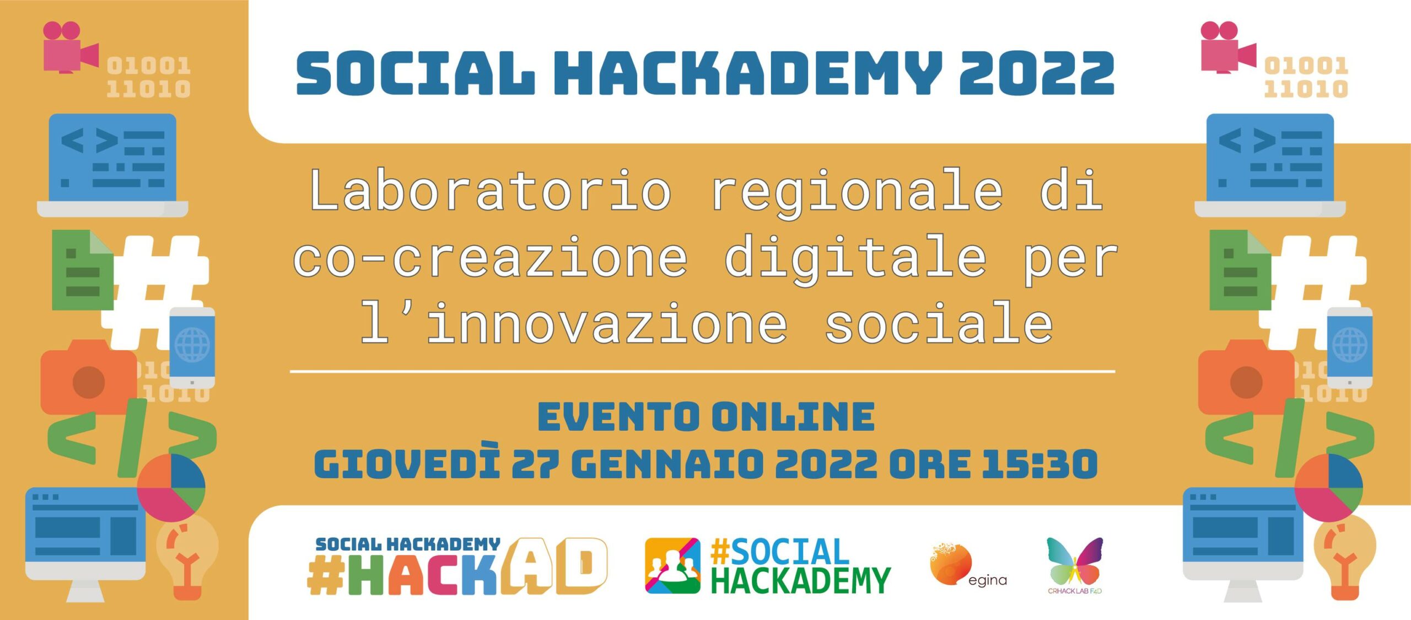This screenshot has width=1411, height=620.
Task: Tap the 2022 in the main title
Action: pyautogui.click(x=1037, y=73)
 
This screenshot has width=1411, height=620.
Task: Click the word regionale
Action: pyautogui.click(x=857, y=193)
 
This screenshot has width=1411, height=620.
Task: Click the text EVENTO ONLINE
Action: pyautogui.click(x=706, y=416)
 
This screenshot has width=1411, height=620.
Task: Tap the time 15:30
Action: pyautogui.click(x=1040, y=464)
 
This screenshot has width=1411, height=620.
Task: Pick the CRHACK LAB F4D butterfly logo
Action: pyautogui.click(x=1075, y=565)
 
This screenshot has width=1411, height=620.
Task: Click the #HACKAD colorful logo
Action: pyautogui.click(x=457, y=566)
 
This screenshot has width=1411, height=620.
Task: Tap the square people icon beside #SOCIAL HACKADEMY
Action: pyautogui.click(x=672, y=565)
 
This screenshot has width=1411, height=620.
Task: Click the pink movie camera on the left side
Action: pyautogui.click(x=71, y=47)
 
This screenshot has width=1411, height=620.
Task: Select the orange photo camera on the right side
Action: pyautogui.click(x=1246, y=377)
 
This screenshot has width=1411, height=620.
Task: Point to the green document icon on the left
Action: pyautogui.click(x=83, y=270)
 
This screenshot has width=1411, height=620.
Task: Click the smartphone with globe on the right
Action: pyautogui.click(x=1349, y=348)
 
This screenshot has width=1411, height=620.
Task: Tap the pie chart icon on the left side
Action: pyautogui.click(x=171, y=488)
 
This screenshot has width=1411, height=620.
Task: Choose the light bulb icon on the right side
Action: pyautogui.click(x=1345, y=557)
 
